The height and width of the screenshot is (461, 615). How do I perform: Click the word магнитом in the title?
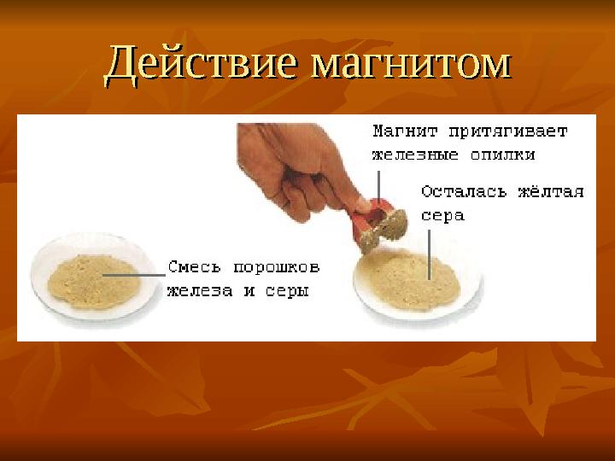click(411, 64)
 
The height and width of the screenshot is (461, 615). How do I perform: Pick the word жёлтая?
click(550, 191)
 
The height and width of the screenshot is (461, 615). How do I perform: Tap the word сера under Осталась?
click(442, 215)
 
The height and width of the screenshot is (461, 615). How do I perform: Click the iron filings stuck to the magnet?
click(394, 225)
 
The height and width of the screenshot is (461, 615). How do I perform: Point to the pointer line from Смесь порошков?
click(135, 275)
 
